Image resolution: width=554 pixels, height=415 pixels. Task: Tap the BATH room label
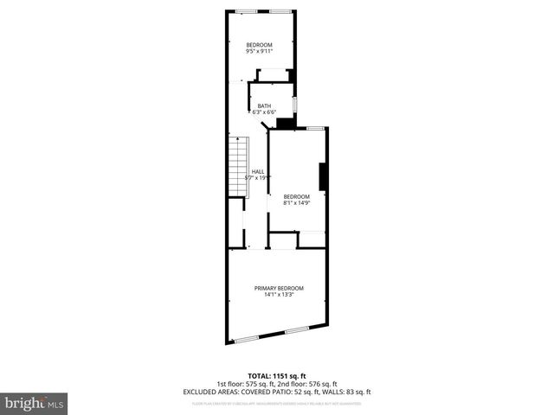pyautogui.click(x=263, y=105)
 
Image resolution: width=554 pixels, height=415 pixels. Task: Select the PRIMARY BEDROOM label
pyautogui.click(x=279, y=288)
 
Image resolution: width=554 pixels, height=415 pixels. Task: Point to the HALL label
pyautogui.click(x=258, y=171)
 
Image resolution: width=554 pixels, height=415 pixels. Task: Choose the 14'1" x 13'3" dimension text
pyautogui.click(x=279, y=295)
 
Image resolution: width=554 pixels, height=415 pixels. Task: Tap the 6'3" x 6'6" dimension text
pyautogui.click(x=263, y=112)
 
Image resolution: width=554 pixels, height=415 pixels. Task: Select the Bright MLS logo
pyautogui.click(x=34, y=403)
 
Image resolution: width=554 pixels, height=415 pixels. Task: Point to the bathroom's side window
pyautogui.click(x=294, y=105)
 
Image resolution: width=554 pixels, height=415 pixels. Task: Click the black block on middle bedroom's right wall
pyautogui.click(x=323, y=176)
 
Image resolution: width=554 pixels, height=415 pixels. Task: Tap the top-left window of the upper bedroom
pyautogui.click(x=245, y=10)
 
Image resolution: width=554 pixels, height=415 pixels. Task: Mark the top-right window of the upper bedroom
pyautogui.click(x=280, y=10)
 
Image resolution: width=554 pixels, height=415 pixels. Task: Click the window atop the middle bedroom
pyautogui.click(x=314, y=127)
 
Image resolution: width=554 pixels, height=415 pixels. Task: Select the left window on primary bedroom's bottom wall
pyautogui.click(x=247, y=337)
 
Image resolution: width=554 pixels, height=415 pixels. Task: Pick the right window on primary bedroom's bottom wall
pyautogui.click(x=297, y=329)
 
